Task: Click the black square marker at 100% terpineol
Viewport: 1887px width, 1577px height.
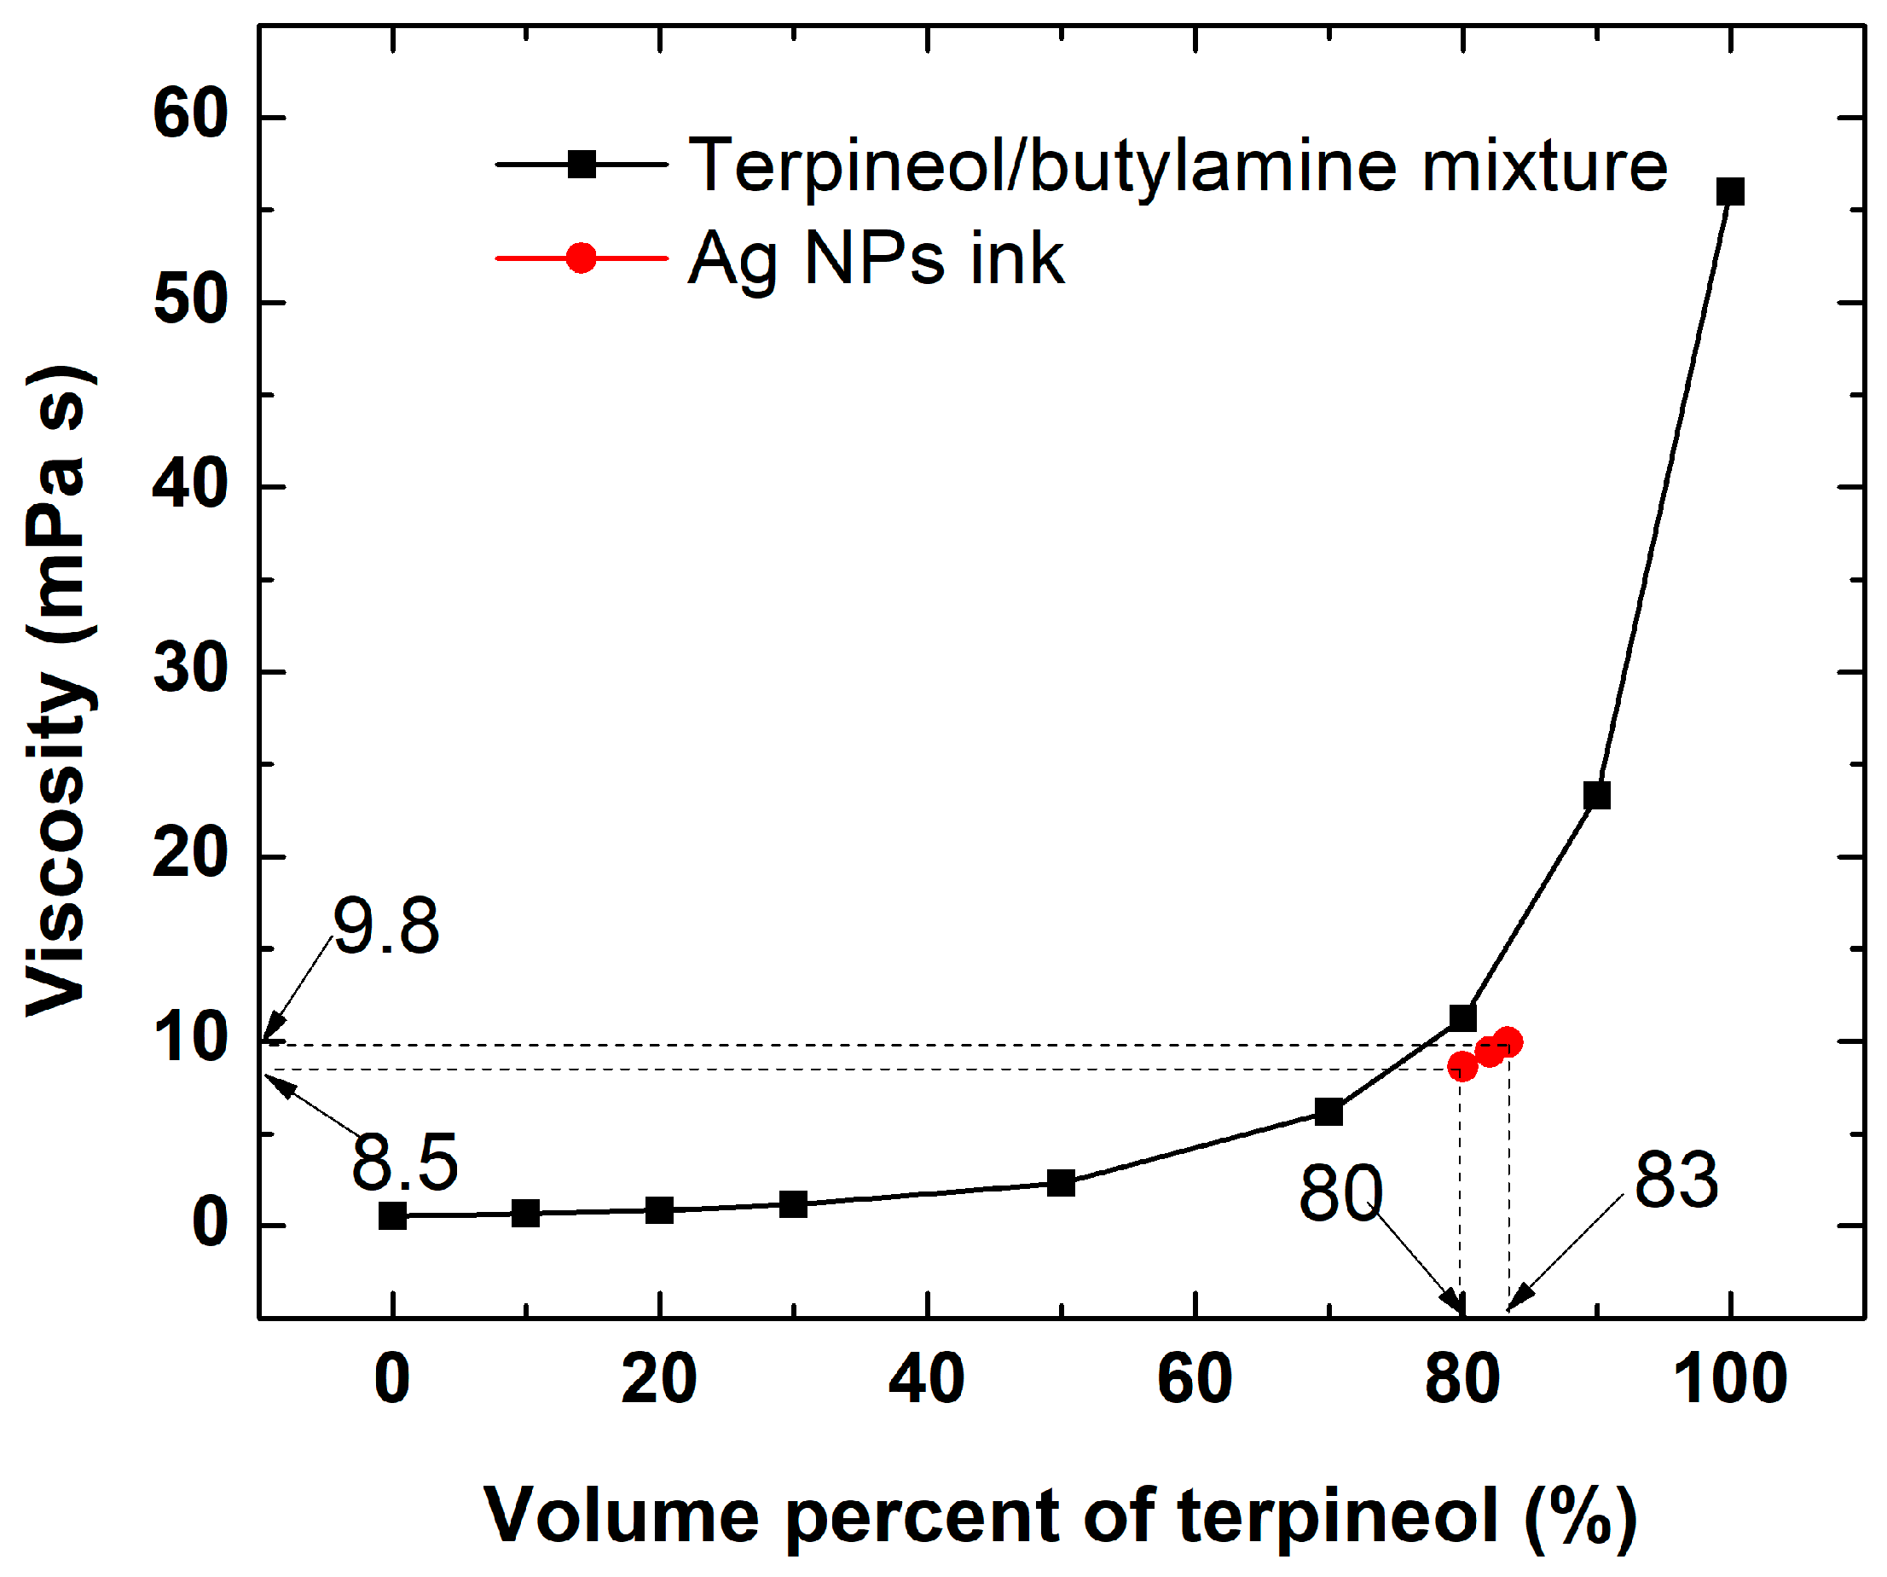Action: pyautogui.click(x=1730, y=191)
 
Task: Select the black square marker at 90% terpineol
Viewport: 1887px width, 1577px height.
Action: pyautogui.click(x=1597, y=795)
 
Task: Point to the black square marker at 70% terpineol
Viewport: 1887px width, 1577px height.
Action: pyautogui.click(x=1329, y=1111)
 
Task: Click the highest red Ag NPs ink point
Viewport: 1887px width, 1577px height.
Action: pyautogui.click(x=1508, y=1042)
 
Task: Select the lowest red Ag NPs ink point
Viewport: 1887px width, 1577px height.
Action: pyautogui.click(x=1462, y=1067)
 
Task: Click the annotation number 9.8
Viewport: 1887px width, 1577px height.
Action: pyautogui.click(x=386, y=926)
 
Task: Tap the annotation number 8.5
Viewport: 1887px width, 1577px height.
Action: pyautogui.click(x=404, y=1162)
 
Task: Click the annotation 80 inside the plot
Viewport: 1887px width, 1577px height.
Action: pyautogui.click(x=1340, y=1193)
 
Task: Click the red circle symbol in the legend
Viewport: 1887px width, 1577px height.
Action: pyautogui.click(x=582, y=258)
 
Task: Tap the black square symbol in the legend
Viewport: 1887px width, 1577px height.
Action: pyautogui.click(x=582, y=165)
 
